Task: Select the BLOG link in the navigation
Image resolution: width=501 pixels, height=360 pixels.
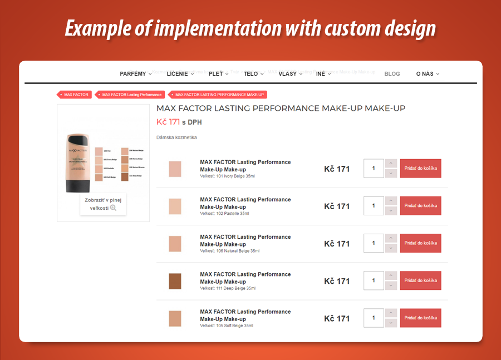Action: (392, 73)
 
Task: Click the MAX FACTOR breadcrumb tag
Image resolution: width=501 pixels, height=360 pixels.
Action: (75, 95)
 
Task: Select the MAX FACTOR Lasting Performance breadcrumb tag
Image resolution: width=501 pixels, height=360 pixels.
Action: (131, 95)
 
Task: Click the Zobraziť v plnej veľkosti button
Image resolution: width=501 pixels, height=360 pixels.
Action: (103, 204)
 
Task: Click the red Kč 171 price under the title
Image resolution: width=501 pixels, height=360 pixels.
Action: (168, 122)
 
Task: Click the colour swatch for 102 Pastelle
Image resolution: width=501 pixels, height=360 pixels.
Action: (175, 206)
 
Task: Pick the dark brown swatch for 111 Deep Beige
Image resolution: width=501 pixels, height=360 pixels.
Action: (175, 281)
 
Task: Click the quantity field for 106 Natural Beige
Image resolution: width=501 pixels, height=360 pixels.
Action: (374, 243)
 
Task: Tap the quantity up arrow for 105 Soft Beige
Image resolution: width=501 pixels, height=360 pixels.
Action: (391, 313)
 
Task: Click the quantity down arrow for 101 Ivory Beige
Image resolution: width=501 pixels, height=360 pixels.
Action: (391, 174)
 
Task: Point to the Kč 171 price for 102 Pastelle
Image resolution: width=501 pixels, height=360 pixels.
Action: (337, 206)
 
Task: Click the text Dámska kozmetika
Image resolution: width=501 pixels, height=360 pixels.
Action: (176, 137)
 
